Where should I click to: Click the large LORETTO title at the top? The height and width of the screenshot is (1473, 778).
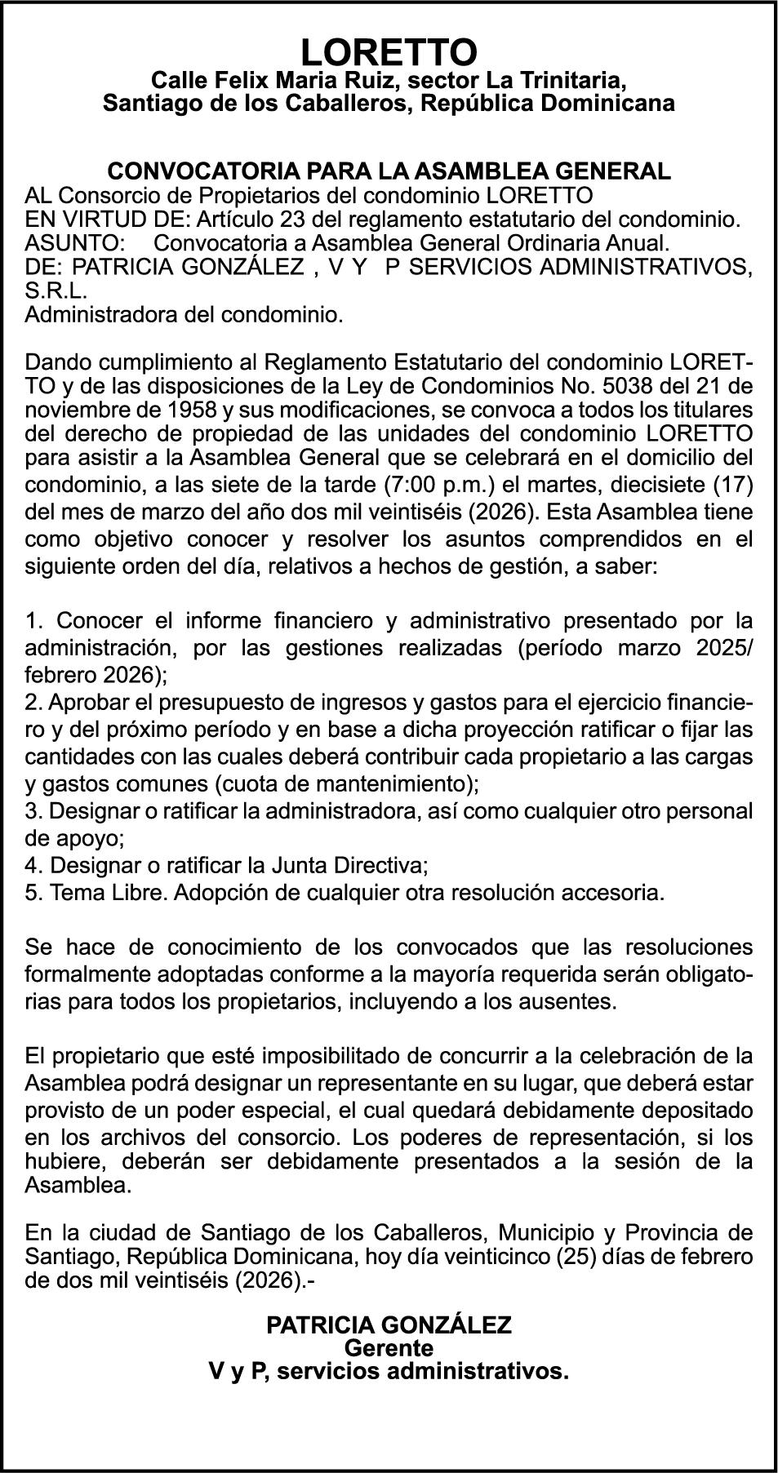[x=389, y=53]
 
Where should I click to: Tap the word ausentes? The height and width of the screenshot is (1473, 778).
[x=576, y=1000]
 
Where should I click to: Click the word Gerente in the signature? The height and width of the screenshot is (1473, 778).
[x=389, y=1347]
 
